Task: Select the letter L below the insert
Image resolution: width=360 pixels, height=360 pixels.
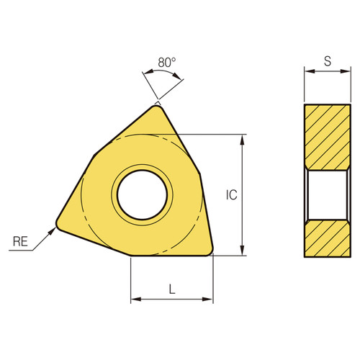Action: [171, 289]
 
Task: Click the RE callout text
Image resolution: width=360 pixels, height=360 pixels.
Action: [22, 243]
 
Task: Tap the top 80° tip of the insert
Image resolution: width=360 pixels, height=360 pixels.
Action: [157, 106]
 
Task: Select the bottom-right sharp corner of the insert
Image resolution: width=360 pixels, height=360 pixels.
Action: [212, 252]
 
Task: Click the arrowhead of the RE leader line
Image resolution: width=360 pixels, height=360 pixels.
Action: [53, 230]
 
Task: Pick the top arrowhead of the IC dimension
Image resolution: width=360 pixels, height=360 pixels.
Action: [242, 138]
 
